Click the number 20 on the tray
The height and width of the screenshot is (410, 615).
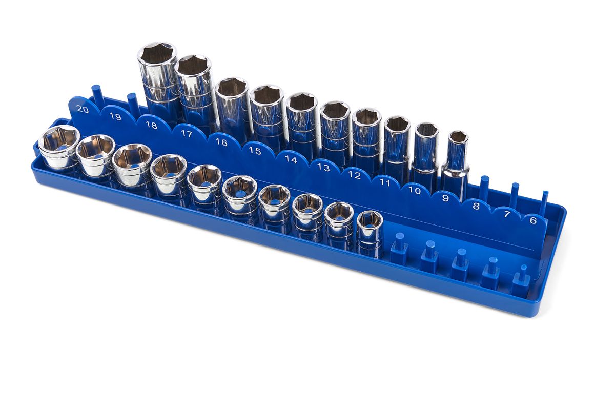tap(83, 109)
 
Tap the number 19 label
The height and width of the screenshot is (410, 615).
tap(115, 117)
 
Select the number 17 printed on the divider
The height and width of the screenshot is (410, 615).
tap(187, 134)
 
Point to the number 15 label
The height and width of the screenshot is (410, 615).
tap(255, 151)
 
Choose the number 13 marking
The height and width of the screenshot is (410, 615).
tap(323, 167)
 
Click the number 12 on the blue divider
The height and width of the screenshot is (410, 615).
tap(354, 175)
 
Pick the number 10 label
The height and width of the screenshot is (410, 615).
tap(415, 190)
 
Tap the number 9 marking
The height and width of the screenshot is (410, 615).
tap(445, 198)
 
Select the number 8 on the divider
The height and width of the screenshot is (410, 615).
tap(476, 206)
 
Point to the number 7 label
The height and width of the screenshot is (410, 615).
tap(507, 214)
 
